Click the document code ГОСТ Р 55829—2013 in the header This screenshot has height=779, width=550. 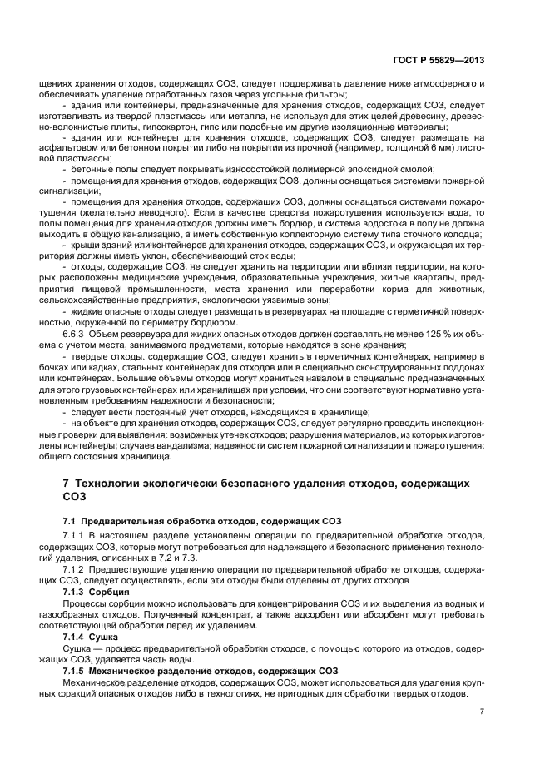pos(439,61)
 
